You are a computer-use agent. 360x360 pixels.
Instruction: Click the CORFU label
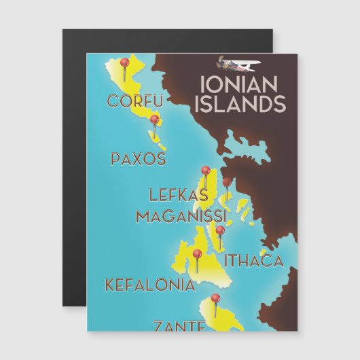click(135, 101)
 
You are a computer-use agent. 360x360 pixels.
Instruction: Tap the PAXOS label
click(138, 159)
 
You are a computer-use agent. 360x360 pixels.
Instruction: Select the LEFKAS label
click(178, 196)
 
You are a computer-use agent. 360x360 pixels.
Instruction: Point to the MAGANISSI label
click(180, 216)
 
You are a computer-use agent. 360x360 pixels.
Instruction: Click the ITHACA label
click(253, 260)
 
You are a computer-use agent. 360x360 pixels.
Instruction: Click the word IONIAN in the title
click(240, 84)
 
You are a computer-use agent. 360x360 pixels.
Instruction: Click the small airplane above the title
click(236, 64)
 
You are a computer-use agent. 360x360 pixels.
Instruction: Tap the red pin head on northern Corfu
click(124, 62)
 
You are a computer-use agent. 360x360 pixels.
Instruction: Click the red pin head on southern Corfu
click(155, 120)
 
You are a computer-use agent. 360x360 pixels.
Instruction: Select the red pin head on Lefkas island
click(204, 170)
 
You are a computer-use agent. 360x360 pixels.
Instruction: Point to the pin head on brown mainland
click(227, 181)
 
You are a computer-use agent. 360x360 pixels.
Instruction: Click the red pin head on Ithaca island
click(220, 230)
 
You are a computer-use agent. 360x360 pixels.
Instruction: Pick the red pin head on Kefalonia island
click(197, 254)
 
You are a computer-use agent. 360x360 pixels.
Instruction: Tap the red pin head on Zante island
click(215, 298)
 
